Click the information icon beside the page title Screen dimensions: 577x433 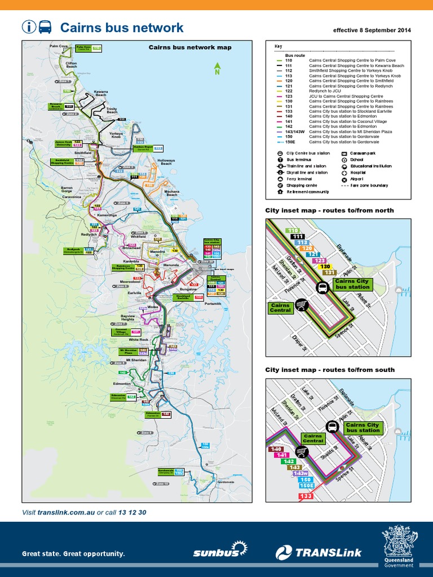pyautogui.click(x=29, y=27)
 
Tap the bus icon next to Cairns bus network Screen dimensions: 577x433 pyautogui.click(x=45, y=27)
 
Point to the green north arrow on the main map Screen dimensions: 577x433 pyautogui.click(x=217, y=69)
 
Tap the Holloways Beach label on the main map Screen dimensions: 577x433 pyautogui.click(x=166, y=162)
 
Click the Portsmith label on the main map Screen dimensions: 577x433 pyautogui.click(x=213, y=304)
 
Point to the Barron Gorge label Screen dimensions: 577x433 pyautogui.click(x=67, y=189)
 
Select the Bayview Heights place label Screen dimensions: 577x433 pyautogui.click(x=131, y=318)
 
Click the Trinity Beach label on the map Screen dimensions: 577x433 pyautogui.click(x=112, y=110)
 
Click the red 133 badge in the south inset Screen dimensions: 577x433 pyautogui.click(x=306, y=496)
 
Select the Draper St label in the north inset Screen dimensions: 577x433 pyautogui.click(x=299, y=340)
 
